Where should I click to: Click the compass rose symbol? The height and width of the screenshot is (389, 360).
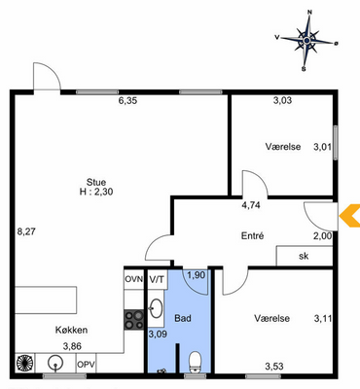pos(306,41)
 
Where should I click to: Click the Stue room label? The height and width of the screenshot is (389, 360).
pos(96,182)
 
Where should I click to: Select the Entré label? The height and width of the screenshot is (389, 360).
pos(252,235)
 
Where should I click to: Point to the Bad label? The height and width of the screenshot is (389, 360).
pos(183,318)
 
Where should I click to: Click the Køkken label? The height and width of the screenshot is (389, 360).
pos(71,330)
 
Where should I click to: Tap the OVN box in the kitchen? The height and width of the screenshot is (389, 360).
pos(134,279)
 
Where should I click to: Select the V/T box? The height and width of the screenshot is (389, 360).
pos(157,279)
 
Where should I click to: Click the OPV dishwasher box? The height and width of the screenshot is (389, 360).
pos(86,364)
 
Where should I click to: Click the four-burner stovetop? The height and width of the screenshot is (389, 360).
pos(134,320)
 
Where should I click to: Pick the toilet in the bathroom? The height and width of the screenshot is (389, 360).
pos(196,362)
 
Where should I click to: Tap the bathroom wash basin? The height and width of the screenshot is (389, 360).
pos(157,308)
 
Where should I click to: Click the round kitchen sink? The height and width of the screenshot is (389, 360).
pos(55,363)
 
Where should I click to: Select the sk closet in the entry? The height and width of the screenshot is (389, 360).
pos(305,256)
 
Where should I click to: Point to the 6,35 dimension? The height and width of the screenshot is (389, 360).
pos(127,101)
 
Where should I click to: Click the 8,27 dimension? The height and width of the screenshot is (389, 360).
pos(26,231)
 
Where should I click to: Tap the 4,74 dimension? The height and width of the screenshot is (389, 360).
pos(251,205)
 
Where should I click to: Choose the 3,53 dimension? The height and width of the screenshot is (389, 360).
pos(274,367)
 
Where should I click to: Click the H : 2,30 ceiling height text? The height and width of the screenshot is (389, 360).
pos(96,192)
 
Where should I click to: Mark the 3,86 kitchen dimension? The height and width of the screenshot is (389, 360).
pos(72,346)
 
